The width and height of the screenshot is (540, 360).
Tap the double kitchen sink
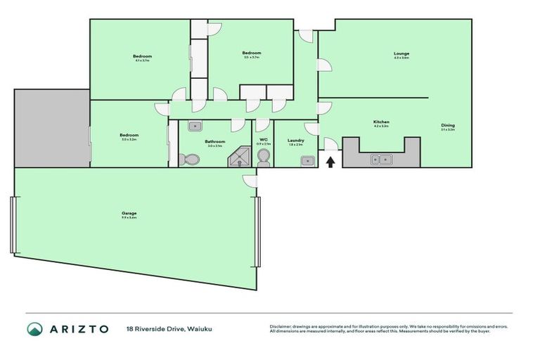click(380, 160)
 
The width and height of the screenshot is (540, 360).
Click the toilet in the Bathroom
click(188, 160)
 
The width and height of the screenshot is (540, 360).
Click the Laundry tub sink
click(306, 160)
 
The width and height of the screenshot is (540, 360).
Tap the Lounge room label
click(401, 54)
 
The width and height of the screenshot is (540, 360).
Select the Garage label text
click(128, 213)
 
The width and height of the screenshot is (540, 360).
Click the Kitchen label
click(381, 122)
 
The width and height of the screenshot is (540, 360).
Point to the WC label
click(263, 140)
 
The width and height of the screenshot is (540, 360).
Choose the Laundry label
click(296, 141)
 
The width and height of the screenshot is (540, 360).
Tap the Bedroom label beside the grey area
click(128, 135)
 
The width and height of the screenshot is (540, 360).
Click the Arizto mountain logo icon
click(34, 328)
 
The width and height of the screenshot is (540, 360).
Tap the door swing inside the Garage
click(250, 181)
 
